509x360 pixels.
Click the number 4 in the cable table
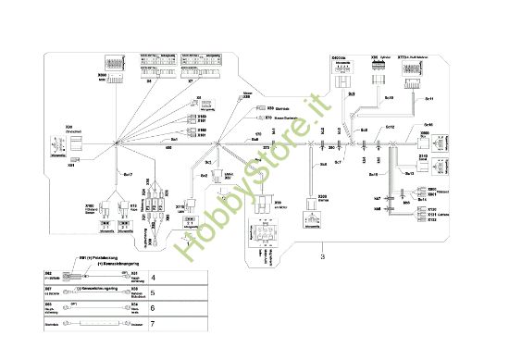[154, 277]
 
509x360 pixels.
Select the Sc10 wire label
[389, 96]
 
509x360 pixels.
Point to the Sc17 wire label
[128, 173]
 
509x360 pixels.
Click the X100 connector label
[90, 205]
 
